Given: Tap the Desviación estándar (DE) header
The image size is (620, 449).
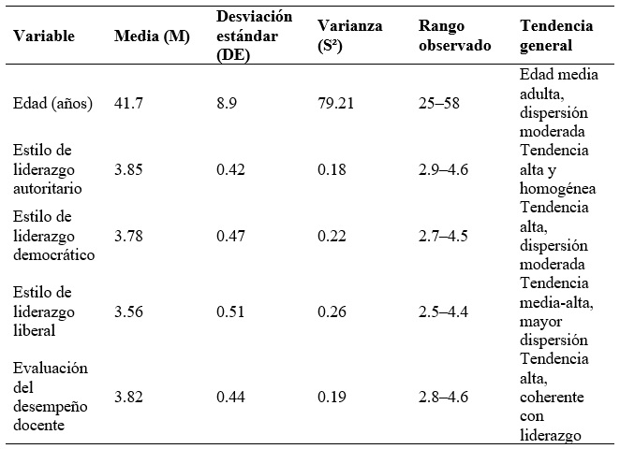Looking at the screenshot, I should coord(254,36).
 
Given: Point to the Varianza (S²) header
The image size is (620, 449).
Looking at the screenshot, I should coord(349,36).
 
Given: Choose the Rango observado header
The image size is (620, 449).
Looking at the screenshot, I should coord(453,36).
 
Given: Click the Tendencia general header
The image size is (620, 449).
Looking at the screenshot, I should coord(556,36).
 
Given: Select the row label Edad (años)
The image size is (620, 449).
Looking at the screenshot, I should coord(53,104).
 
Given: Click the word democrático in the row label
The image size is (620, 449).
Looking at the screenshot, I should coord(53,255).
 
